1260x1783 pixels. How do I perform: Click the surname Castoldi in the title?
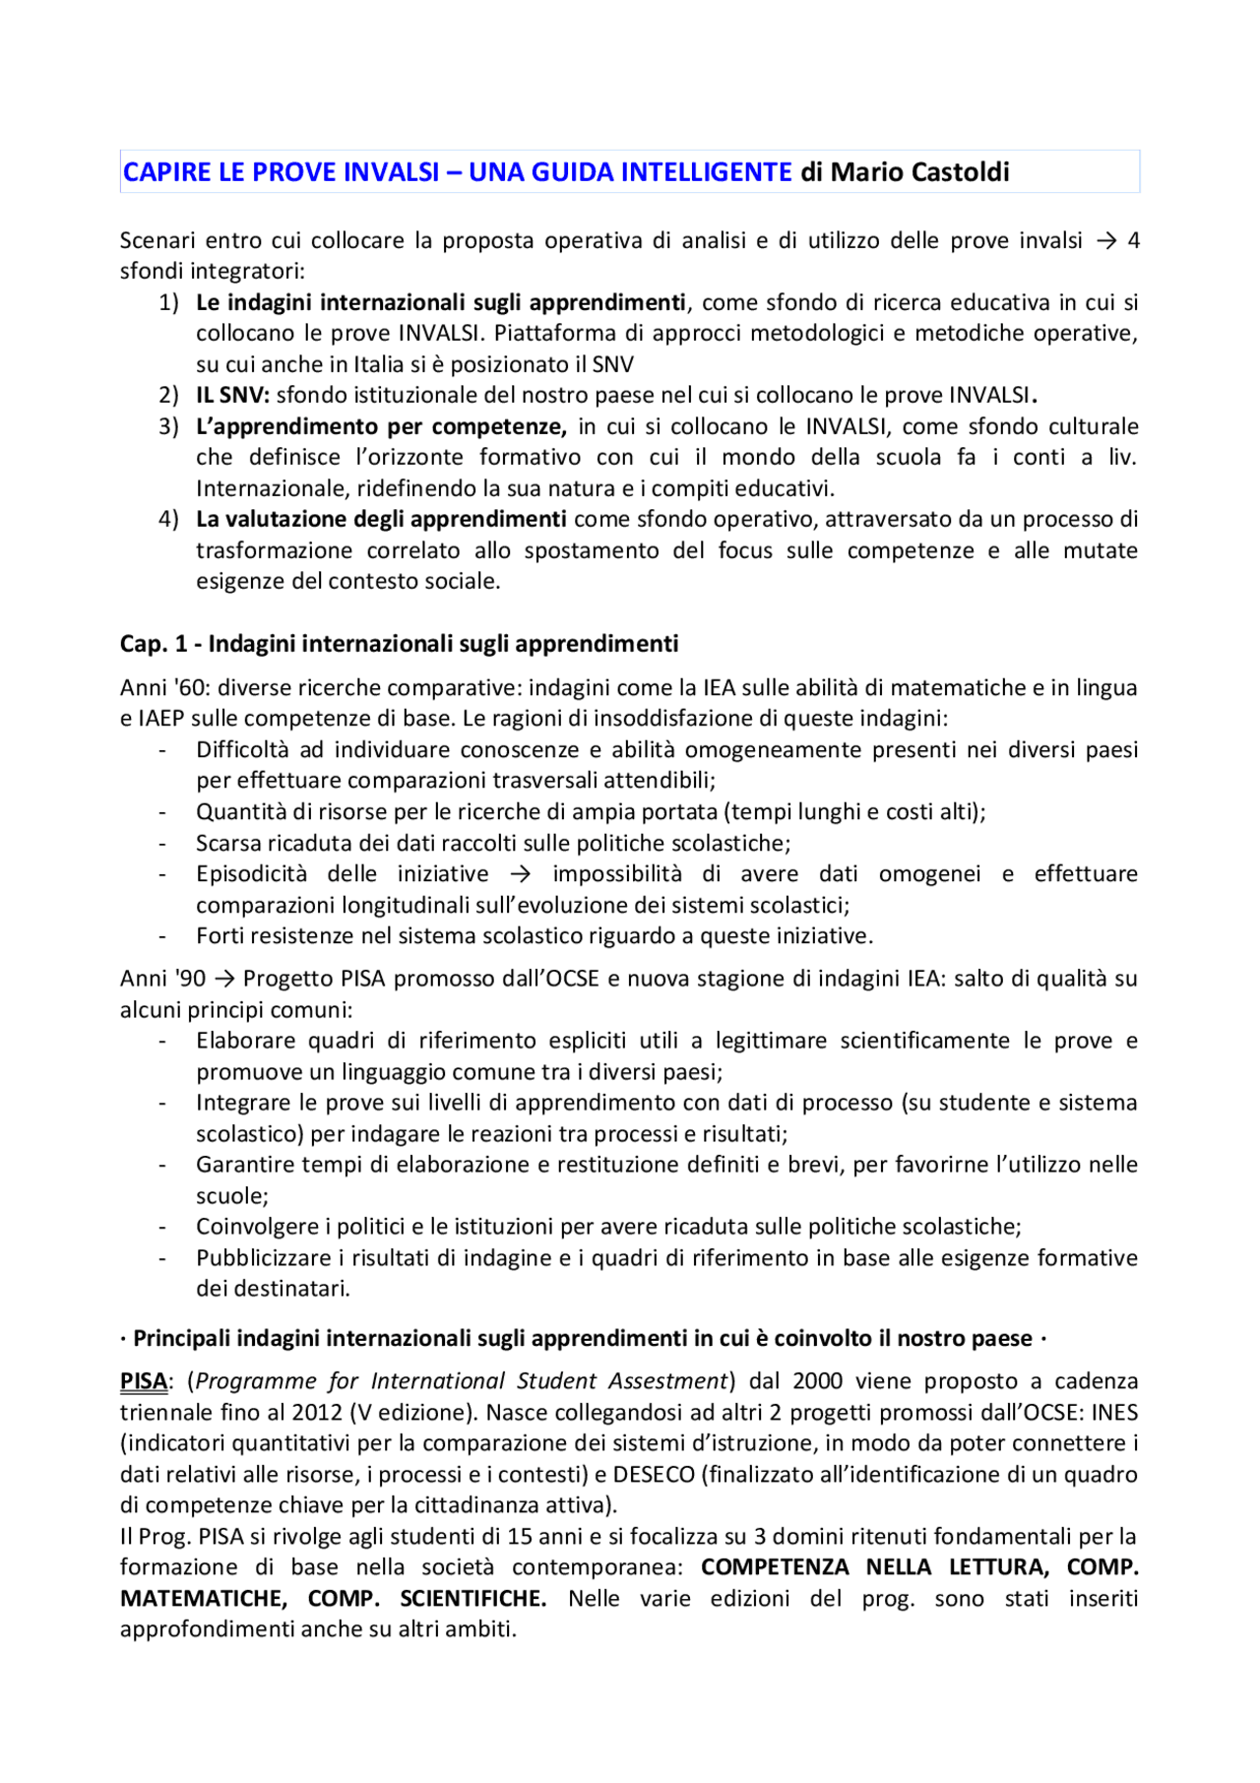(x=960, y=172)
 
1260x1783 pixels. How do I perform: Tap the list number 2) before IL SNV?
(x=168, y=396)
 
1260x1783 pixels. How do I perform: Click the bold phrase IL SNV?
(x=232, y=396)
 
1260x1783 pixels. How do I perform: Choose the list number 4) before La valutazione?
(x=168, y=520)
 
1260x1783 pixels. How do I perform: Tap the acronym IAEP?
(x=158, y=719)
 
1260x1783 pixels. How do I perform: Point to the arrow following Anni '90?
(x=223, y=980)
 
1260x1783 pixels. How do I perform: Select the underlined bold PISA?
(x=144, y=1382)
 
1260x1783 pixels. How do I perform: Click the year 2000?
(x=819, y=1382)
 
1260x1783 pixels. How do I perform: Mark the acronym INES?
(x=1114, y=1413)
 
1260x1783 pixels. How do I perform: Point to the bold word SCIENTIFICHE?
(x=472, y=1599)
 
